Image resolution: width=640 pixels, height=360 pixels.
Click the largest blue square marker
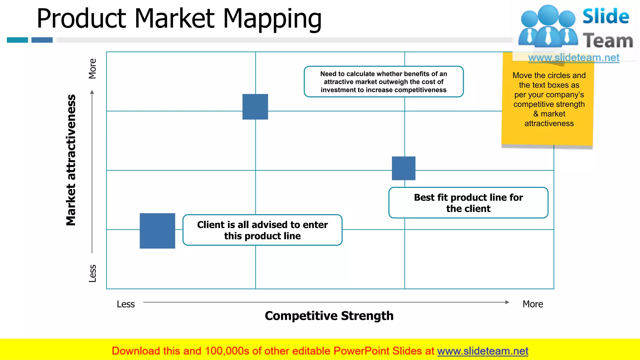[x=157, y=231]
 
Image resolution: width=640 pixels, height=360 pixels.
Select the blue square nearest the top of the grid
[x=255, y=107]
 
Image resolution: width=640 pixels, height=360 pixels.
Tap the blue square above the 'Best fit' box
[x=403, y=168]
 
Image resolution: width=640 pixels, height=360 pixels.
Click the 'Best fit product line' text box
[x=468, y=203]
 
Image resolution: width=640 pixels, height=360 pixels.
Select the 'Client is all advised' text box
[x=262, y=230]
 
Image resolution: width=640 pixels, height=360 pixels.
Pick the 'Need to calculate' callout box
[x=383, y=82]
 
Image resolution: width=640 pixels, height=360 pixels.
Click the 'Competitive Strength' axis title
[x=329, y=316]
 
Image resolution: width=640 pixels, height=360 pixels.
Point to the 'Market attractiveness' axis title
[x=71, y=160]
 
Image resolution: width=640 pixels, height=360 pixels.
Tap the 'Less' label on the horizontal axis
[x=126, y=304]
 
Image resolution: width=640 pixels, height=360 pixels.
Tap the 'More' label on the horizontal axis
[x=532, y=304]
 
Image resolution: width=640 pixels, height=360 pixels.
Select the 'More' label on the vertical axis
[x=92, y=68]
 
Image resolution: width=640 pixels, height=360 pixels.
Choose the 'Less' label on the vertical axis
[x=92, y=273]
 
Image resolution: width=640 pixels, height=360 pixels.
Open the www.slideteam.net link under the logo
[x=573, y=58]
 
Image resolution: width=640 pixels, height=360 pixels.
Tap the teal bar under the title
[x=17, y=40]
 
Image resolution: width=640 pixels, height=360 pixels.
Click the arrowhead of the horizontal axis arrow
[x=507, y=302]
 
